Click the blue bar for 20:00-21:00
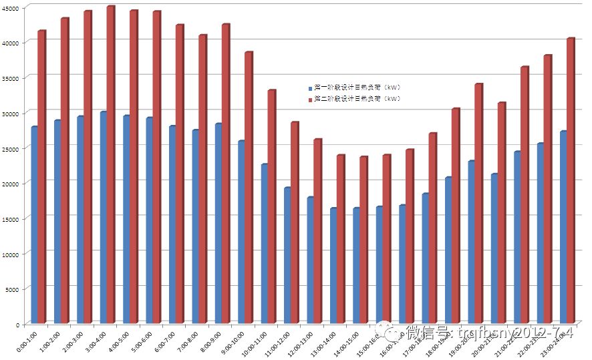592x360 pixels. pos(494,248)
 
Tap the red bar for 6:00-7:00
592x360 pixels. pos(180,174)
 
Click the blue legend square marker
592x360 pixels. pos(310,88)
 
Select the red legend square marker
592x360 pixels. pos(310,100)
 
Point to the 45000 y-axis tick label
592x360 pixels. pos(12,7)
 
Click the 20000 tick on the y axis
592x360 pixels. pos(12,183)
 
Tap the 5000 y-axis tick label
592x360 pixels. pos(14,289)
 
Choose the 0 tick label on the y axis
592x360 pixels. pos(20,324)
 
